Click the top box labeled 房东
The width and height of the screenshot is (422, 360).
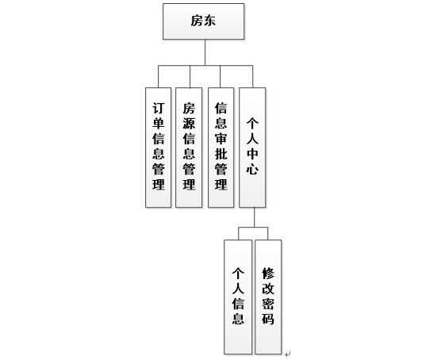click(203, 21)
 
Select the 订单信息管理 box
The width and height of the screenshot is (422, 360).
click(159, 147)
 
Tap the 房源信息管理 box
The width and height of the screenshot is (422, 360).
click(189, 147)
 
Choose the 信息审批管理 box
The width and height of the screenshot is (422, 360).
click(221, 147)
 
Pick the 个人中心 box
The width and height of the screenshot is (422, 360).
click(252, 147)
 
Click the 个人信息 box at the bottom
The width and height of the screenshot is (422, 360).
click(238, 297)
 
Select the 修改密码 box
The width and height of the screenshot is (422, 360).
click(268, 297)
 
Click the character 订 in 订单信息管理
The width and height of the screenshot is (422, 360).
click(159, 109)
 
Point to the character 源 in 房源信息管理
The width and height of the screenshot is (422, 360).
click(189, 124)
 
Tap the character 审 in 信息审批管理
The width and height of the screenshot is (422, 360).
click(221, 138)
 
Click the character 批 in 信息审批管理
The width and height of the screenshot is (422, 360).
click(221, 154)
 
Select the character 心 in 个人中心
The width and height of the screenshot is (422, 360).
click(252, 169)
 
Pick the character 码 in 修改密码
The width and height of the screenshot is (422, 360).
click(268, 319)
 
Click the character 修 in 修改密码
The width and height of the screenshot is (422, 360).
click(268, 274)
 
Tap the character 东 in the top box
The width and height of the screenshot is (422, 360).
click(209, 21)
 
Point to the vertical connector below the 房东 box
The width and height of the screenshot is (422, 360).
click(205, 52)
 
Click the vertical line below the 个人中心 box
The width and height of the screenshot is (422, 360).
click(255, 217)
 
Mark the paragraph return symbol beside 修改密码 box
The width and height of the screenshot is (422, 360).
click(288, 354)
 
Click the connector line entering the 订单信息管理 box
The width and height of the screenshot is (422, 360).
click(159, 76)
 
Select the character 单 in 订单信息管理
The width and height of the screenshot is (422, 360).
click(159, 124)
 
